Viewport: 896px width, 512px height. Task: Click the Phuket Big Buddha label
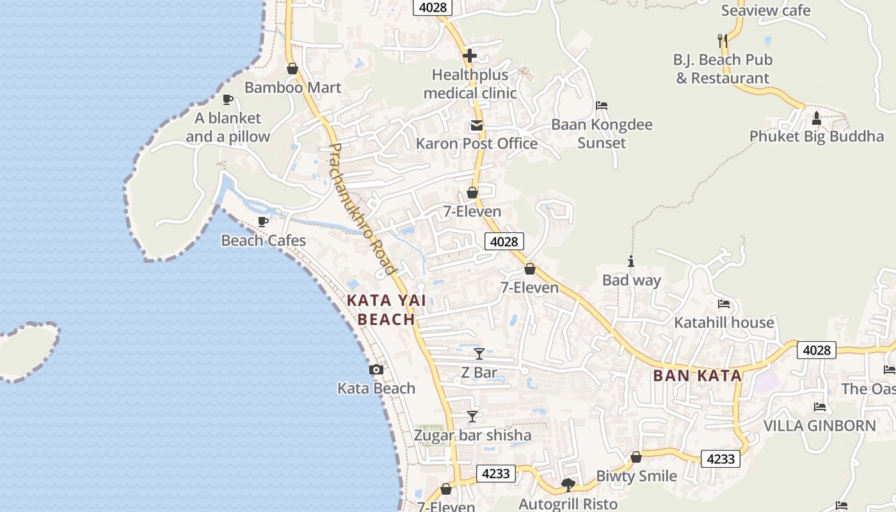point(816,136)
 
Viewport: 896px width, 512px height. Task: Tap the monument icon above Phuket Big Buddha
point(816,118)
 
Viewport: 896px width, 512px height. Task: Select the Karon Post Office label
point(477,143)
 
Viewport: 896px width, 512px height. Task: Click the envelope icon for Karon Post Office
point(477,125)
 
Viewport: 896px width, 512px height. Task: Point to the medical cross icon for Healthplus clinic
point(470,56)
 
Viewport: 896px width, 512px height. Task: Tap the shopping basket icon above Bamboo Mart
point(292,68)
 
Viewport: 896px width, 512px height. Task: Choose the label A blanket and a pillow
point(228,127)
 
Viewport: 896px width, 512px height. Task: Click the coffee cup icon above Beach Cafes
point(262,221)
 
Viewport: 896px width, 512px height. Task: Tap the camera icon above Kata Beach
point(376,369)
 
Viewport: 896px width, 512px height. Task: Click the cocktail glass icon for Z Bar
point(479,353)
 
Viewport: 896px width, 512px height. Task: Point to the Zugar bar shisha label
point(472,435)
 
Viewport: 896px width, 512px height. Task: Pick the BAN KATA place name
point(698,376)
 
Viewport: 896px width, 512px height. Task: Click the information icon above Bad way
point(631,261)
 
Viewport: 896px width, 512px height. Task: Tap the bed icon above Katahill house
point(724,304)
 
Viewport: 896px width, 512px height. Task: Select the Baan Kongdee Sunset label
point(602,133)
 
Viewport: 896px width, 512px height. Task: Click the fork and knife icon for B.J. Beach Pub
point(723,41)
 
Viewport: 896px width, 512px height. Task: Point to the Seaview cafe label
point(765,10)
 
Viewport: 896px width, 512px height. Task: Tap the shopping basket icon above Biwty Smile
point(636,457)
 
